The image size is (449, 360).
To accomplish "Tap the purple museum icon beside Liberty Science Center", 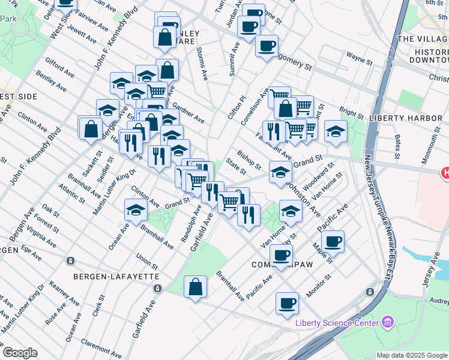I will pyautogui.click(x=387, y=323).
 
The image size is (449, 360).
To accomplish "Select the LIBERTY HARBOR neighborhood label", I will pyautogui.click(x=405, y=118).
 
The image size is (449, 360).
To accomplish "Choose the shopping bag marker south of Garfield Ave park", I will pyautogui.click(x=196, y=287).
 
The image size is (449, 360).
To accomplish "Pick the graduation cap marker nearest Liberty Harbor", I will pyautogui.click(x=336, y=131).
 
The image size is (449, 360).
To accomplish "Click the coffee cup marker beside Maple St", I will pyautogui.click(x=333, y=242).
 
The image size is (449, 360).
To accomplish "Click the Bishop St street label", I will pyautogui.click(x=249, y=160).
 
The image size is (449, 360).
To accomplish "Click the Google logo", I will pyautogui.click(x=20, y=353).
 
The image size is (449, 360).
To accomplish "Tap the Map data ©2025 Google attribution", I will pyautogui.click(x=411, y=355).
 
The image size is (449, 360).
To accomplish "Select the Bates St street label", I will pyautogui.click(x=397, y=146).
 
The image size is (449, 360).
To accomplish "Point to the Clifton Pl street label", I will pyautogui.click(x=237, y=106).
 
